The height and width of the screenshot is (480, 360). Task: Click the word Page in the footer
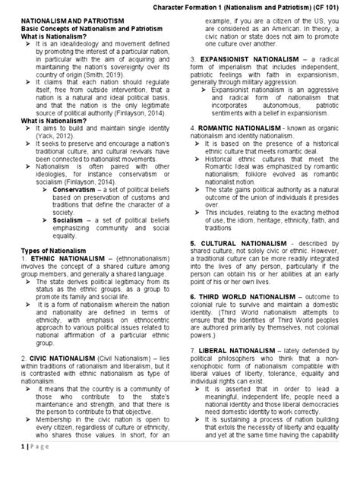click(32, 468)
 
